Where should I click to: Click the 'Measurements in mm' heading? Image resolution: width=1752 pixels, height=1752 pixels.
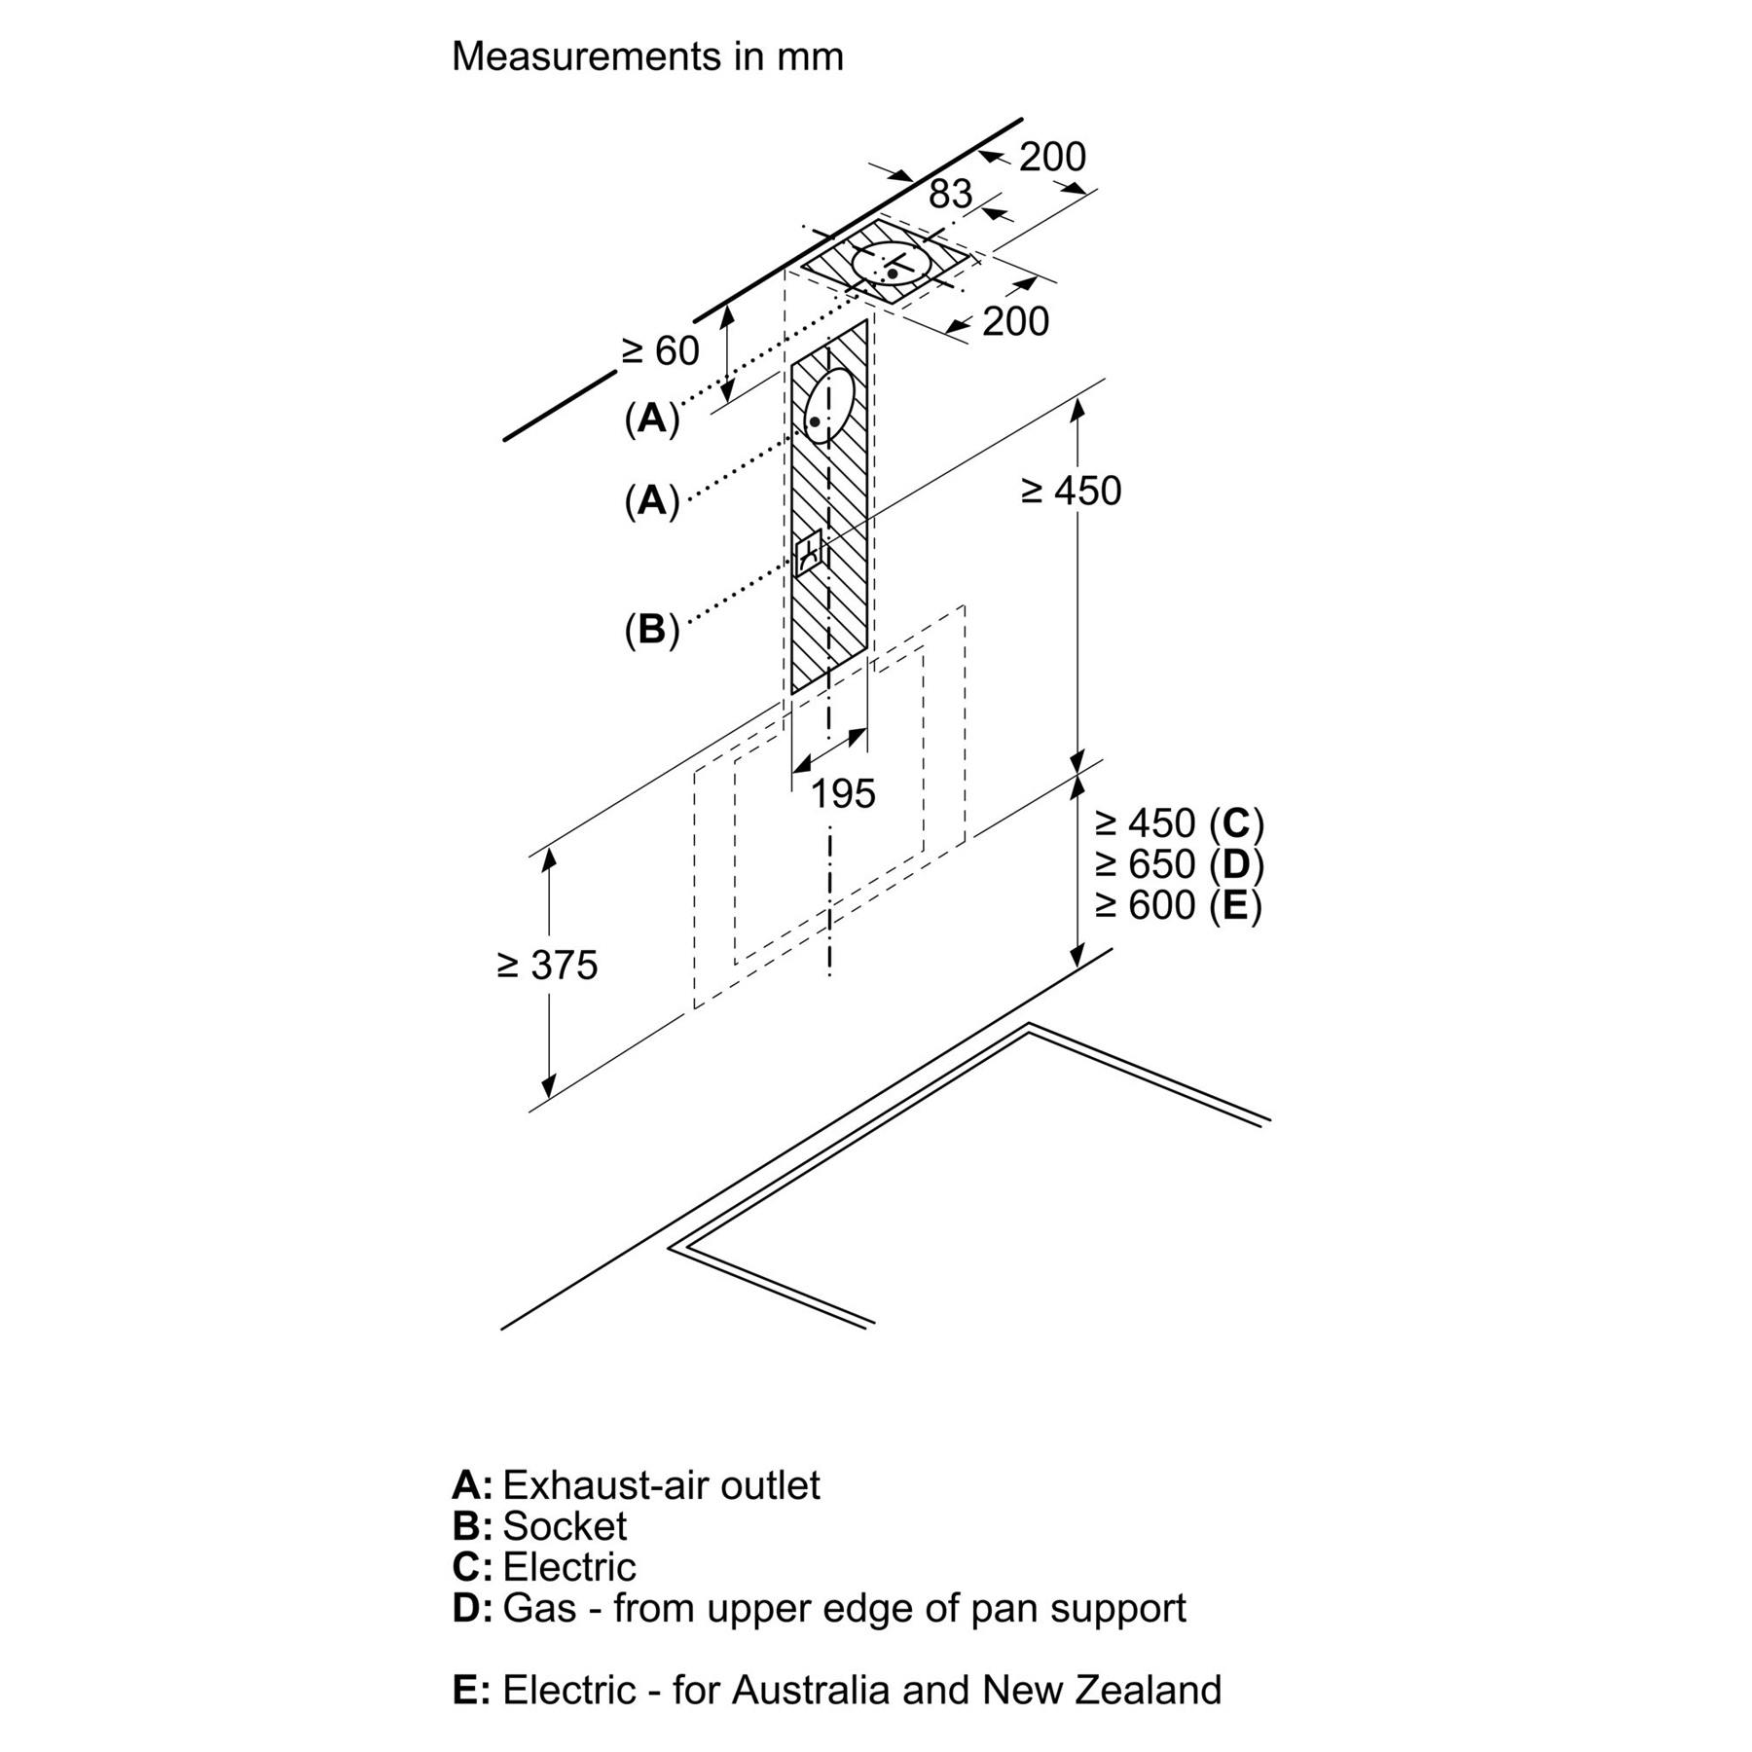[x=647, y=56]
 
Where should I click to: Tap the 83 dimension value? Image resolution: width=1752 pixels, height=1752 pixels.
[x=950, y=194]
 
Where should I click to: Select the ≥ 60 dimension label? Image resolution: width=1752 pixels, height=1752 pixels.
[x=661, y=351]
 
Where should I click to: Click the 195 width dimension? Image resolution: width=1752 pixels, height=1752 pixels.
[x=843, y=794]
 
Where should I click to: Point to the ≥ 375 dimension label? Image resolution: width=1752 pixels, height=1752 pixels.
[x=547, y=965]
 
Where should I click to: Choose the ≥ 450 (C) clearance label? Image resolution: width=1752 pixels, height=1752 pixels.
[x=1179, y=823]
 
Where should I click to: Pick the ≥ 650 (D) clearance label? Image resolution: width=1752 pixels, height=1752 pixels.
[x=1179, y=864]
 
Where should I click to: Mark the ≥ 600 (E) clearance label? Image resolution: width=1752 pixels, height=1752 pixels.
[x=1179, y=905]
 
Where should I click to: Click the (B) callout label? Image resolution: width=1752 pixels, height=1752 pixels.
[x=651, y=630]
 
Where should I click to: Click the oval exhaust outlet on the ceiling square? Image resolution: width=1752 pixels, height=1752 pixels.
[x=892, y=262]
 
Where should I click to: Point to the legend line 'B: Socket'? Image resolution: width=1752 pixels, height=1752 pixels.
[x=539, y=1525]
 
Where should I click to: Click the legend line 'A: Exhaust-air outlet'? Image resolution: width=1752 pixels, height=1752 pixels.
[x=636, y=1484]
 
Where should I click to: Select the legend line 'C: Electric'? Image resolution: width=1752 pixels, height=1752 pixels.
[x=543, y=1566]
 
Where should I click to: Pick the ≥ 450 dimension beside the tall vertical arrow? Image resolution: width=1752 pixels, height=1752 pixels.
[x=1071, y=492]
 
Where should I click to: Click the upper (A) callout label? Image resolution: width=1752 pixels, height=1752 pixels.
[x=651, y=419]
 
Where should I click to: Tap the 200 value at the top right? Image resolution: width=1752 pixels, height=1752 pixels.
[x=1052, y=157]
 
